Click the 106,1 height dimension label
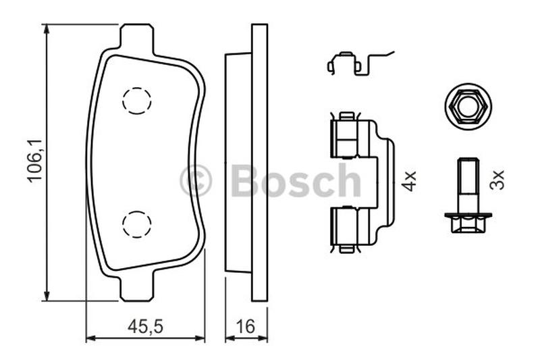tap(34, 160)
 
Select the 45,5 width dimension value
tap(145, 326)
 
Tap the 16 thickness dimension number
tap(246, 326)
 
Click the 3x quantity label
tap(497, 179)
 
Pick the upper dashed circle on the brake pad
tap(137, 101)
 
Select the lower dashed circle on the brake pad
tap(137, 224)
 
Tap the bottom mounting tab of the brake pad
tap(136, 286)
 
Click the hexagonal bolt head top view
tap(468, 107)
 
